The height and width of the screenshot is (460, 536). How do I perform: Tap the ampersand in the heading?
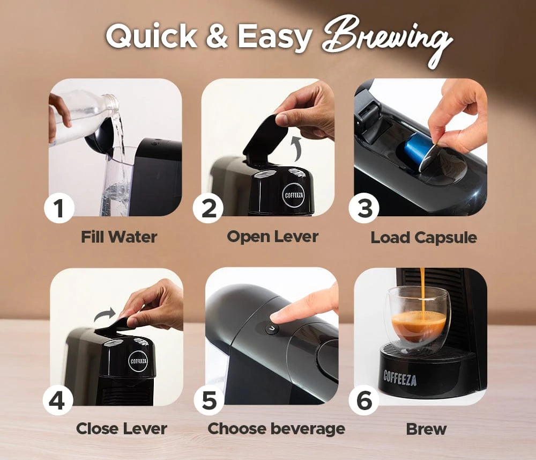coord(217,36)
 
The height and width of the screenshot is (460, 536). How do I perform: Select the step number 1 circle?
coord(59,208)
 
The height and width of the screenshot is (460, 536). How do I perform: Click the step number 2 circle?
coord(208,208)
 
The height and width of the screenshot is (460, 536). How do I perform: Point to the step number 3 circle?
coord(364,208)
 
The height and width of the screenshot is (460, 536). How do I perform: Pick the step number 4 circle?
coord(58,400)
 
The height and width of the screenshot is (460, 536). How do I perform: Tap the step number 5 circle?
coord(209,400)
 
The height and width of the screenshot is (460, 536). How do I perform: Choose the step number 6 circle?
coord(364,400)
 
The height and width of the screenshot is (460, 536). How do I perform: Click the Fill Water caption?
coord(119,237)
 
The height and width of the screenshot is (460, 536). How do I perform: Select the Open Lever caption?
coord(273,237)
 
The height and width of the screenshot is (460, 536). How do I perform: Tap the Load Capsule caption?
coord(424,238)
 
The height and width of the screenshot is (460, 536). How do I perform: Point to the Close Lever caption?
coord(122,428)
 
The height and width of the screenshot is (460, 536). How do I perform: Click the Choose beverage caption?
coord(277,429)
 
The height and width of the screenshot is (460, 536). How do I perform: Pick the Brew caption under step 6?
coord(426,429)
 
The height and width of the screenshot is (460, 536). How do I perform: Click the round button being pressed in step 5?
coord(272,329)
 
